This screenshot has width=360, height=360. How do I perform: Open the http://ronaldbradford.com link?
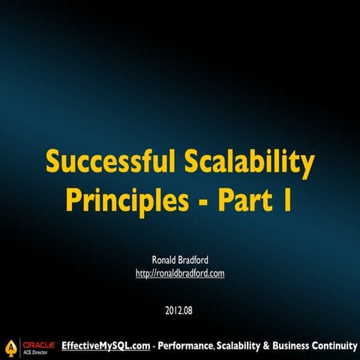(180, 274)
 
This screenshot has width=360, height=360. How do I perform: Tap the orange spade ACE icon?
(10, 346)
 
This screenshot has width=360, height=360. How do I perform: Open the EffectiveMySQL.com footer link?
(106, 346)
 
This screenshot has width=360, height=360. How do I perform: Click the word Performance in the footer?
(187, 346)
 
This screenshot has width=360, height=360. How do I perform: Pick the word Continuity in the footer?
(337, 346)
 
